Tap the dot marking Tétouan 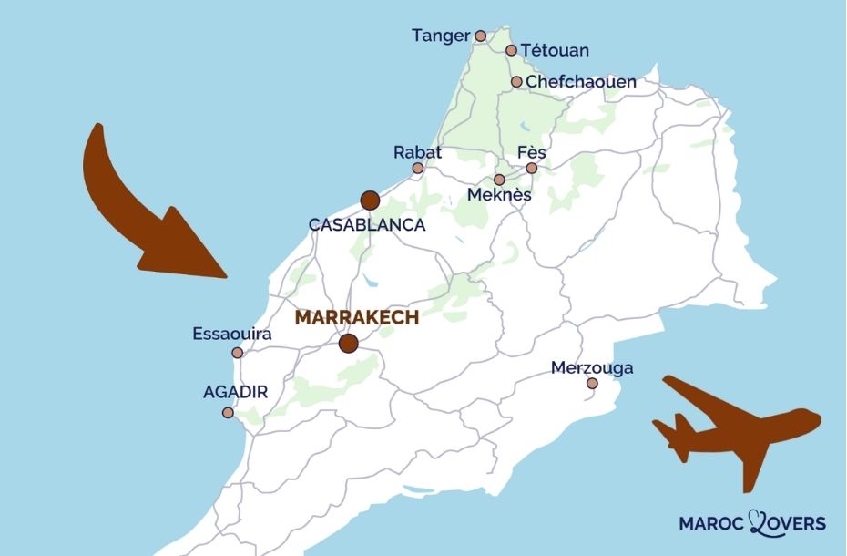(511, 50)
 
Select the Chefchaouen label (581, 82)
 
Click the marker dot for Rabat (418, 169)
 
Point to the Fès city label (531, 151)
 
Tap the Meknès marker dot (499, 180)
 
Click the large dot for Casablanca (370, 201)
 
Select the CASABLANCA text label (367, 225)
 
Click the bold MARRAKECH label (357, 318)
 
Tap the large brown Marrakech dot (348, 344)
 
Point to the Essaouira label (232, 335)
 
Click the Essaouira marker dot (238, 353)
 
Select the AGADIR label (235, 392)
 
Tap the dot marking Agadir (228, 413)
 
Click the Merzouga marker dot (592, 384)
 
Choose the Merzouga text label (592, 368)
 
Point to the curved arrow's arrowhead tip (225, 275)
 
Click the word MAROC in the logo (711, 523)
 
